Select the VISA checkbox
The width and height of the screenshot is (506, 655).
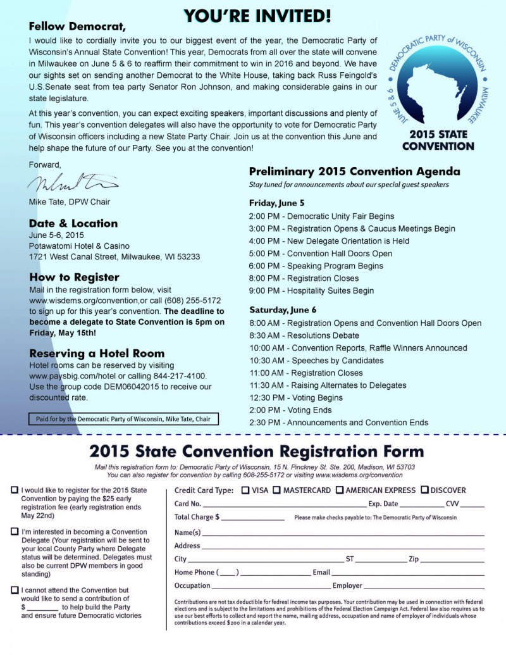[x=245, y=490]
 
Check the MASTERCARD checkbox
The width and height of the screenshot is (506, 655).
[x=277, y=490]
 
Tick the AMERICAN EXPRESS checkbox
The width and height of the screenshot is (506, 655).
[x=340, y=490]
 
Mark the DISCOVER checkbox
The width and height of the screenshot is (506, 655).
[x=424, y=490]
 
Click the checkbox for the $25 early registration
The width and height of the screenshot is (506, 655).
[x=15, y=490]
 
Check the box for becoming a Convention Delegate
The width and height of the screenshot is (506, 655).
[x=15, y=532]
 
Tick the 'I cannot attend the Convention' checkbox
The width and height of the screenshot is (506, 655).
[x=15, y=590]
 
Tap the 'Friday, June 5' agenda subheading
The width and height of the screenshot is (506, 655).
[x=276, y=203]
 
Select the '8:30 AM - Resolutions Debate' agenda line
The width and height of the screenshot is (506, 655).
[x=304, y=335]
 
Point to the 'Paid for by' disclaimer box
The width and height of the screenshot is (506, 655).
[x=124, y=419]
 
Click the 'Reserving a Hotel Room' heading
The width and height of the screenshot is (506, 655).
[x=97, y=353]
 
